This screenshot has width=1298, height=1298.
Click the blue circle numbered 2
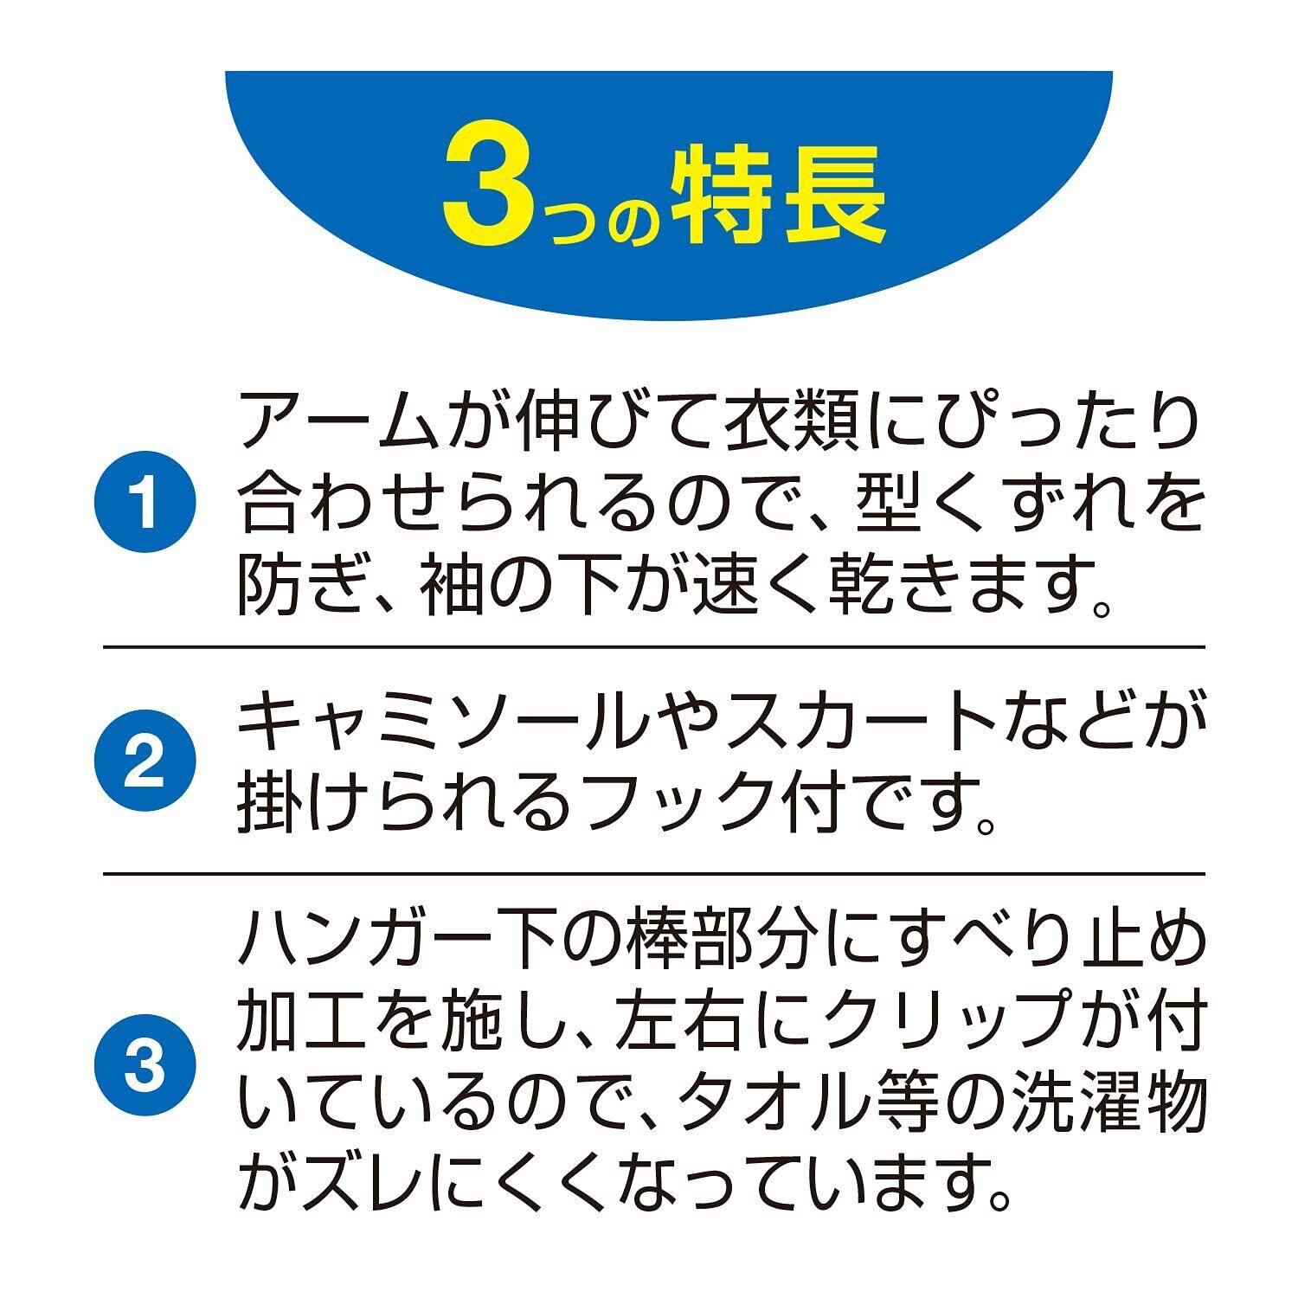click(145, 761)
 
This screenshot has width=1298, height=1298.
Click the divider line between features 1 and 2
click(653, 646)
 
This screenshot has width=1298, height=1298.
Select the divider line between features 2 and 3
click(653, 873)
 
